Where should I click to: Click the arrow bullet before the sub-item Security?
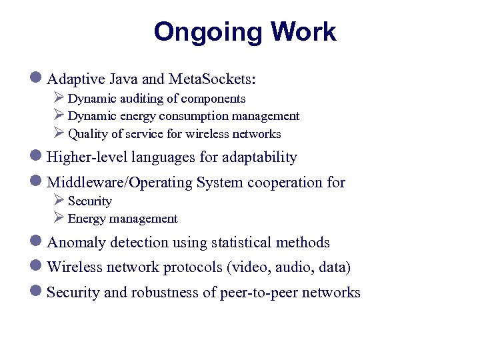tap(59, 201)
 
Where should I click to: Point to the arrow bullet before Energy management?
tap(59, 218)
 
